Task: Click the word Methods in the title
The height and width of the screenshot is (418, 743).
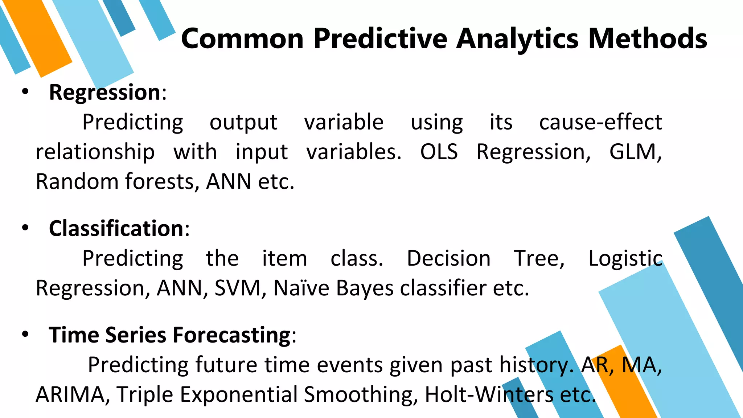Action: pos(647,38)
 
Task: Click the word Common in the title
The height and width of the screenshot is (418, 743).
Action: pos(242,39)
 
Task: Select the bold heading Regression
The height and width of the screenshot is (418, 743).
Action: pos(104,92)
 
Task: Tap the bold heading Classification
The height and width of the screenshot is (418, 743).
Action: pos(116,229)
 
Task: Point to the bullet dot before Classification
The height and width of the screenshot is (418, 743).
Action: pos(25,228)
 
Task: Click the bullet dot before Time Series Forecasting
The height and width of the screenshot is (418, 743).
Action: pos(25,334)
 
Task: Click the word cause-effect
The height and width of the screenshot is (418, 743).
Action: pos(600,122)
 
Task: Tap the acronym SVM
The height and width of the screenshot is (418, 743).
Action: pos(238,288)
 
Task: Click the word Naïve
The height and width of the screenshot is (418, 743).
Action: pos(301,288)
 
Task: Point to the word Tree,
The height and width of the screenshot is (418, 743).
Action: pos(539,258)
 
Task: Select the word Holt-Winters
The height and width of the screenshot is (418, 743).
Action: pos(489,394)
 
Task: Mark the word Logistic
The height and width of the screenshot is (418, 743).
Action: pos(625,259)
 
